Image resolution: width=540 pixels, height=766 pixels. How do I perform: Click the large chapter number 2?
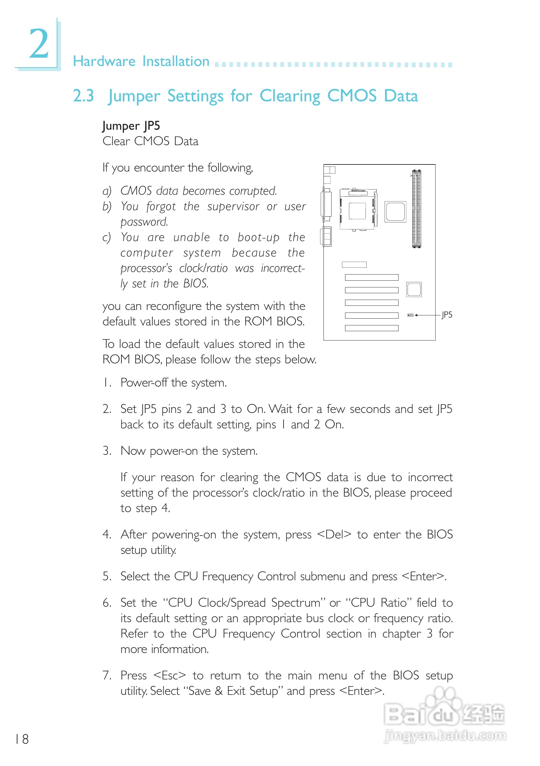pyautogui.click(x=39, y=44)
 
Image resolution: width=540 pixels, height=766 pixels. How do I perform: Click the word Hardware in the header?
pyautogui.click(x=104, y=61)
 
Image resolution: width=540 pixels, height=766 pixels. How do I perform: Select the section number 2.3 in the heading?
pyautogui.click(x=83, y=96)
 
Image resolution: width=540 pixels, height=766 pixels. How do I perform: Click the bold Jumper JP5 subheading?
pyautogui.click(x=131, y=126)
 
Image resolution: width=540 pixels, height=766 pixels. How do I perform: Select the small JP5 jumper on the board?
pyautogui.click(x=410, y=315)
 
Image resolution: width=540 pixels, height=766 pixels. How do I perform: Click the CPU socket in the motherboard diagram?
pyautogui.click(x=358, y=210)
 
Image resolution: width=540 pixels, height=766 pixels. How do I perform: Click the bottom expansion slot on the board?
pyautogui.click(x=371, y=328)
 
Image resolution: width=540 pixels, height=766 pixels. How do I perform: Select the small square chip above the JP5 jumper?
pyautogui.click(x=413, y=289)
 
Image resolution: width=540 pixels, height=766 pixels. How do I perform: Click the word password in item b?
pyautogui.click(x=144, y=222)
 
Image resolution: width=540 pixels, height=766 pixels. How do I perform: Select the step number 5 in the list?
pyautogui.click(x=106, y=576)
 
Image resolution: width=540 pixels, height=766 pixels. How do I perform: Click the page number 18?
pyautogui.click(x=22, y=739)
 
